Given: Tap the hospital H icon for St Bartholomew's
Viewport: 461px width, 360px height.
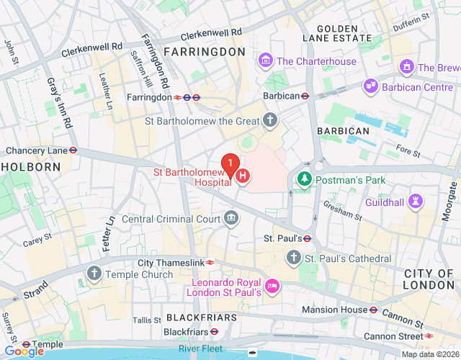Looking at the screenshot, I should pos(243,175).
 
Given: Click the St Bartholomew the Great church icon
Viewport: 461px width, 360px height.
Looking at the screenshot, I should pos(270,120).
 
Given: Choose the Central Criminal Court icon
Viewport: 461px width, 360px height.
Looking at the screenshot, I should pos(231,217).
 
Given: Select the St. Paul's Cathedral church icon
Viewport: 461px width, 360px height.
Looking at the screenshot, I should pos(293,257).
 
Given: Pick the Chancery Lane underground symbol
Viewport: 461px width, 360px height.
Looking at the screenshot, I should pos(73,150).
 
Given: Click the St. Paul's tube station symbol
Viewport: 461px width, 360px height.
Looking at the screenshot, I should pos(307,238).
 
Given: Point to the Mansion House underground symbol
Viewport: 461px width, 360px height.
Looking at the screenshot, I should pos(374,310).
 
